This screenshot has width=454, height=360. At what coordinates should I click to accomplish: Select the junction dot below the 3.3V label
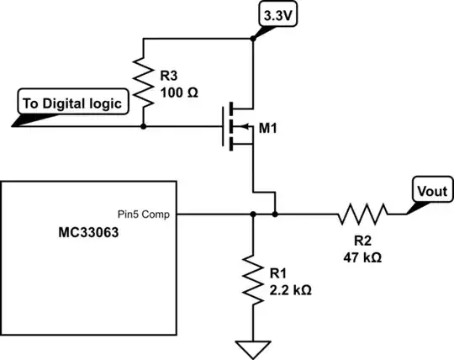pos(252,37)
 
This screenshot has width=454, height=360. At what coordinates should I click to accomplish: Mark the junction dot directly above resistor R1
pos(252,214)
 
